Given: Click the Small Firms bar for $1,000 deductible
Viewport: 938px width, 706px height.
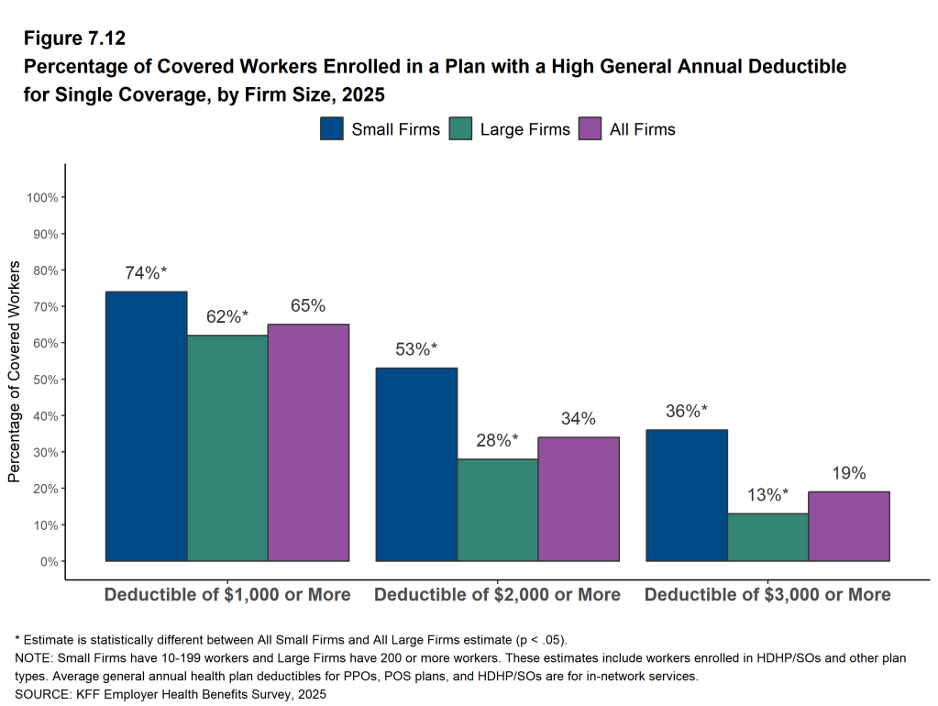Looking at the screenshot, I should pos(147,426).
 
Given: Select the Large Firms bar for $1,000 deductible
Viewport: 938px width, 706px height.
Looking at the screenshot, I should pos(227,448).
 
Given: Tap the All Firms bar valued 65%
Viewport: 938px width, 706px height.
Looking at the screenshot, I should pos(309,443).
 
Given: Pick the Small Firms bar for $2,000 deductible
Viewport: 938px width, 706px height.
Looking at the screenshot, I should pos(417,465).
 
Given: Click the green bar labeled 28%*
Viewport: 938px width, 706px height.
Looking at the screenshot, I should pos(498,510).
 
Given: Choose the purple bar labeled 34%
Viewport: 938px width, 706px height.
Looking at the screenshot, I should pos(579,499).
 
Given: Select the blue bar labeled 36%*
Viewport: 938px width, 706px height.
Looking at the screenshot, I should pos(687,495).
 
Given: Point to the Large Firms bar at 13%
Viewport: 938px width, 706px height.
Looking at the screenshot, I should pos(768,537).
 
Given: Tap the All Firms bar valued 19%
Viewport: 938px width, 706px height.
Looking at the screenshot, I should pos(849,526).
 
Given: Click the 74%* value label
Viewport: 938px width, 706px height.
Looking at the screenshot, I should pos(147,273).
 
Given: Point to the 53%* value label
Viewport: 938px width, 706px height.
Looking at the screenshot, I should pos(417,349).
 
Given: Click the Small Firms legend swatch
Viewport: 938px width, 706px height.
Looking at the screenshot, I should pos(332,129).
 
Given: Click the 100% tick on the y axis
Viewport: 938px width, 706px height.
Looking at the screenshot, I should pos(43,197).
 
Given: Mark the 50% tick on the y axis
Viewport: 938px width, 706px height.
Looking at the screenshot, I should pos(46,380).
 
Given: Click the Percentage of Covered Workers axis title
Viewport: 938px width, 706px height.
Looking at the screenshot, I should pos(14,370).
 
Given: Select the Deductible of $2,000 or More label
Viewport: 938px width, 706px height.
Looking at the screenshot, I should pos(497,594).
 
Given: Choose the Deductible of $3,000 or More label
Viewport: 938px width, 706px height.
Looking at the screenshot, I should pos(767,594).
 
